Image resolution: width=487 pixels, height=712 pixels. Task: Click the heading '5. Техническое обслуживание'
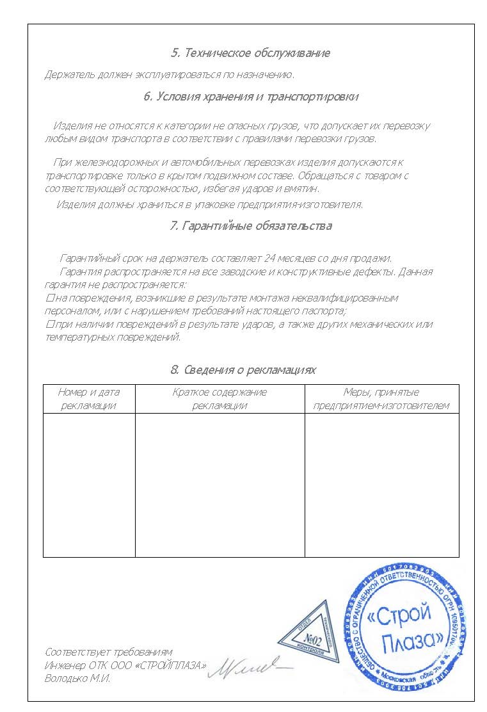click(250, 53)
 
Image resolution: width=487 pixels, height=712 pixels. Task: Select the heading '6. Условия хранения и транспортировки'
click(250, 97)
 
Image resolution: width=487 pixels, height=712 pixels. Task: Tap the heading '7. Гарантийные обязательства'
click(250, 226)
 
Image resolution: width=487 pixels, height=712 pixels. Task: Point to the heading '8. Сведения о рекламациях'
click(243, 370)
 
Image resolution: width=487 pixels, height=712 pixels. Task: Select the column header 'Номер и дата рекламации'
click(89, 398)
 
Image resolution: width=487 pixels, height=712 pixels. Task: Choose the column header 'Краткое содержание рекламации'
click(220, 398)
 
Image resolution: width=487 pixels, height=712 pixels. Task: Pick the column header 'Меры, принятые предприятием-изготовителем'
click(381, 398)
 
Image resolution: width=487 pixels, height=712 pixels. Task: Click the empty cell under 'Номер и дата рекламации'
click(89, 485)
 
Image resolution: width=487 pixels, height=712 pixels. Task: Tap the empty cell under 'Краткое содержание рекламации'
click(220, 485)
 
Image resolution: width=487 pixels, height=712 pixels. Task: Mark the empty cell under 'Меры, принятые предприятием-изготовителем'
click(381, 485)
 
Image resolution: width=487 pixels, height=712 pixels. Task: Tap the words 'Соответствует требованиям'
click(108, 652)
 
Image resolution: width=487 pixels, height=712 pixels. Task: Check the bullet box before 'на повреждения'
click(49, 298)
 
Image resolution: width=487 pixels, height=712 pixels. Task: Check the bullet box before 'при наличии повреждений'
click(49, 325)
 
